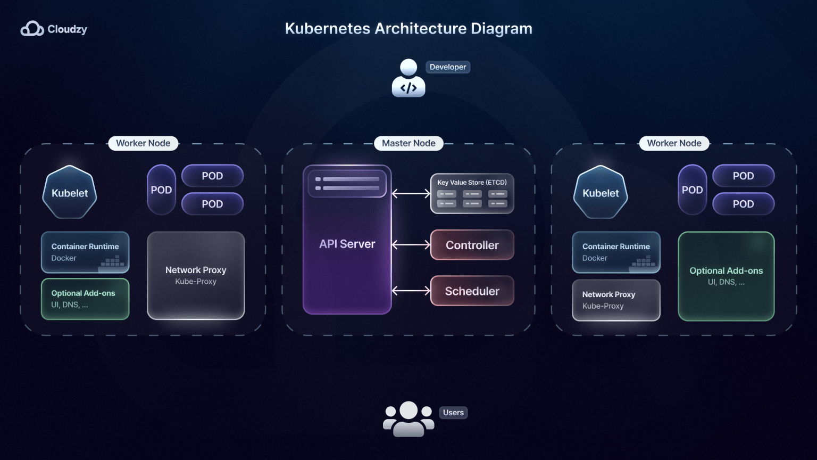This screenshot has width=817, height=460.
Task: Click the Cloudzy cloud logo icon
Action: (32, 29)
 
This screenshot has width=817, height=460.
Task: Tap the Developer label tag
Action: (447, 67)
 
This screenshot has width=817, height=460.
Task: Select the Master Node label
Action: (408, 143)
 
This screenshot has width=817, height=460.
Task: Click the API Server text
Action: (347, 244)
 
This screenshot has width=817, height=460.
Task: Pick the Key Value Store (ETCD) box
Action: (472, 194)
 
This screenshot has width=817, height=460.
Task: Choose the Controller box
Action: (472, 245)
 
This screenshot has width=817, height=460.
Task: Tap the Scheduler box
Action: (472, 291)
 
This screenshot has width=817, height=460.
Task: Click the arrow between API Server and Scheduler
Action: (411, 291)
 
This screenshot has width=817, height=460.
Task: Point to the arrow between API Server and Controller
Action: (411, 245)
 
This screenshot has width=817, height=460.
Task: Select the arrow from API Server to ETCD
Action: (411, 194)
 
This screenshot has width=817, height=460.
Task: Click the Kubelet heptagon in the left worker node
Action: (70, 192)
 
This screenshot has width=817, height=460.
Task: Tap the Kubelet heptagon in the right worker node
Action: (601, 192)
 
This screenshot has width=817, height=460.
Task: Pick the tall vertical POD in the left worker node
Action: (161, 190)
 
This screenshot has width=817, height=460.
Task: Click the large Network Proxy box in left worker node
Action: (196, 275)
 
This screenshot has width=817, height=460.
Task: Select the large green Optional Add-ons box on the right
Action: (726, 276)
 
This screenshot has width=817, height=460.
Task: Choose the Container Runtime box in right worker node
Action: (616, 252)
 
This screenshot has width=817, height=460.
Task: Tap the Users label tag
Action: (453, 413)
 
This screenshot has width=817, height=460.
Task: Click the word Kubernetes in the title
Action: (327, 29)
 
